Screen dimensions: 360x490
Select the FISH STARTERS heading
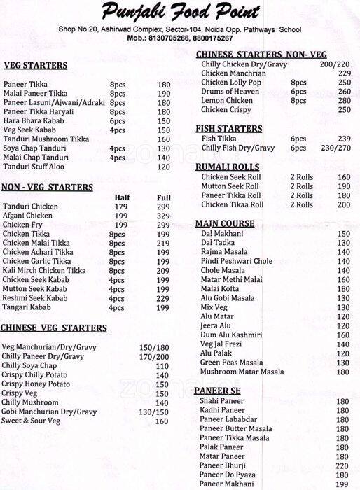[229, 129]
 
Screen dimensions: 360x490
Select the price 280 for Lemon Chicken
[343, 101]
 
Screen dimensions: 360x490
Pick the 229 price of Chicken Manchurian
[344, 73]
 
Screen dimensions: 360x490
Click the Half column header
[121, 197]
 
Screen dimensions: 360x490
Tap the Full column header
[163, 197]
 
